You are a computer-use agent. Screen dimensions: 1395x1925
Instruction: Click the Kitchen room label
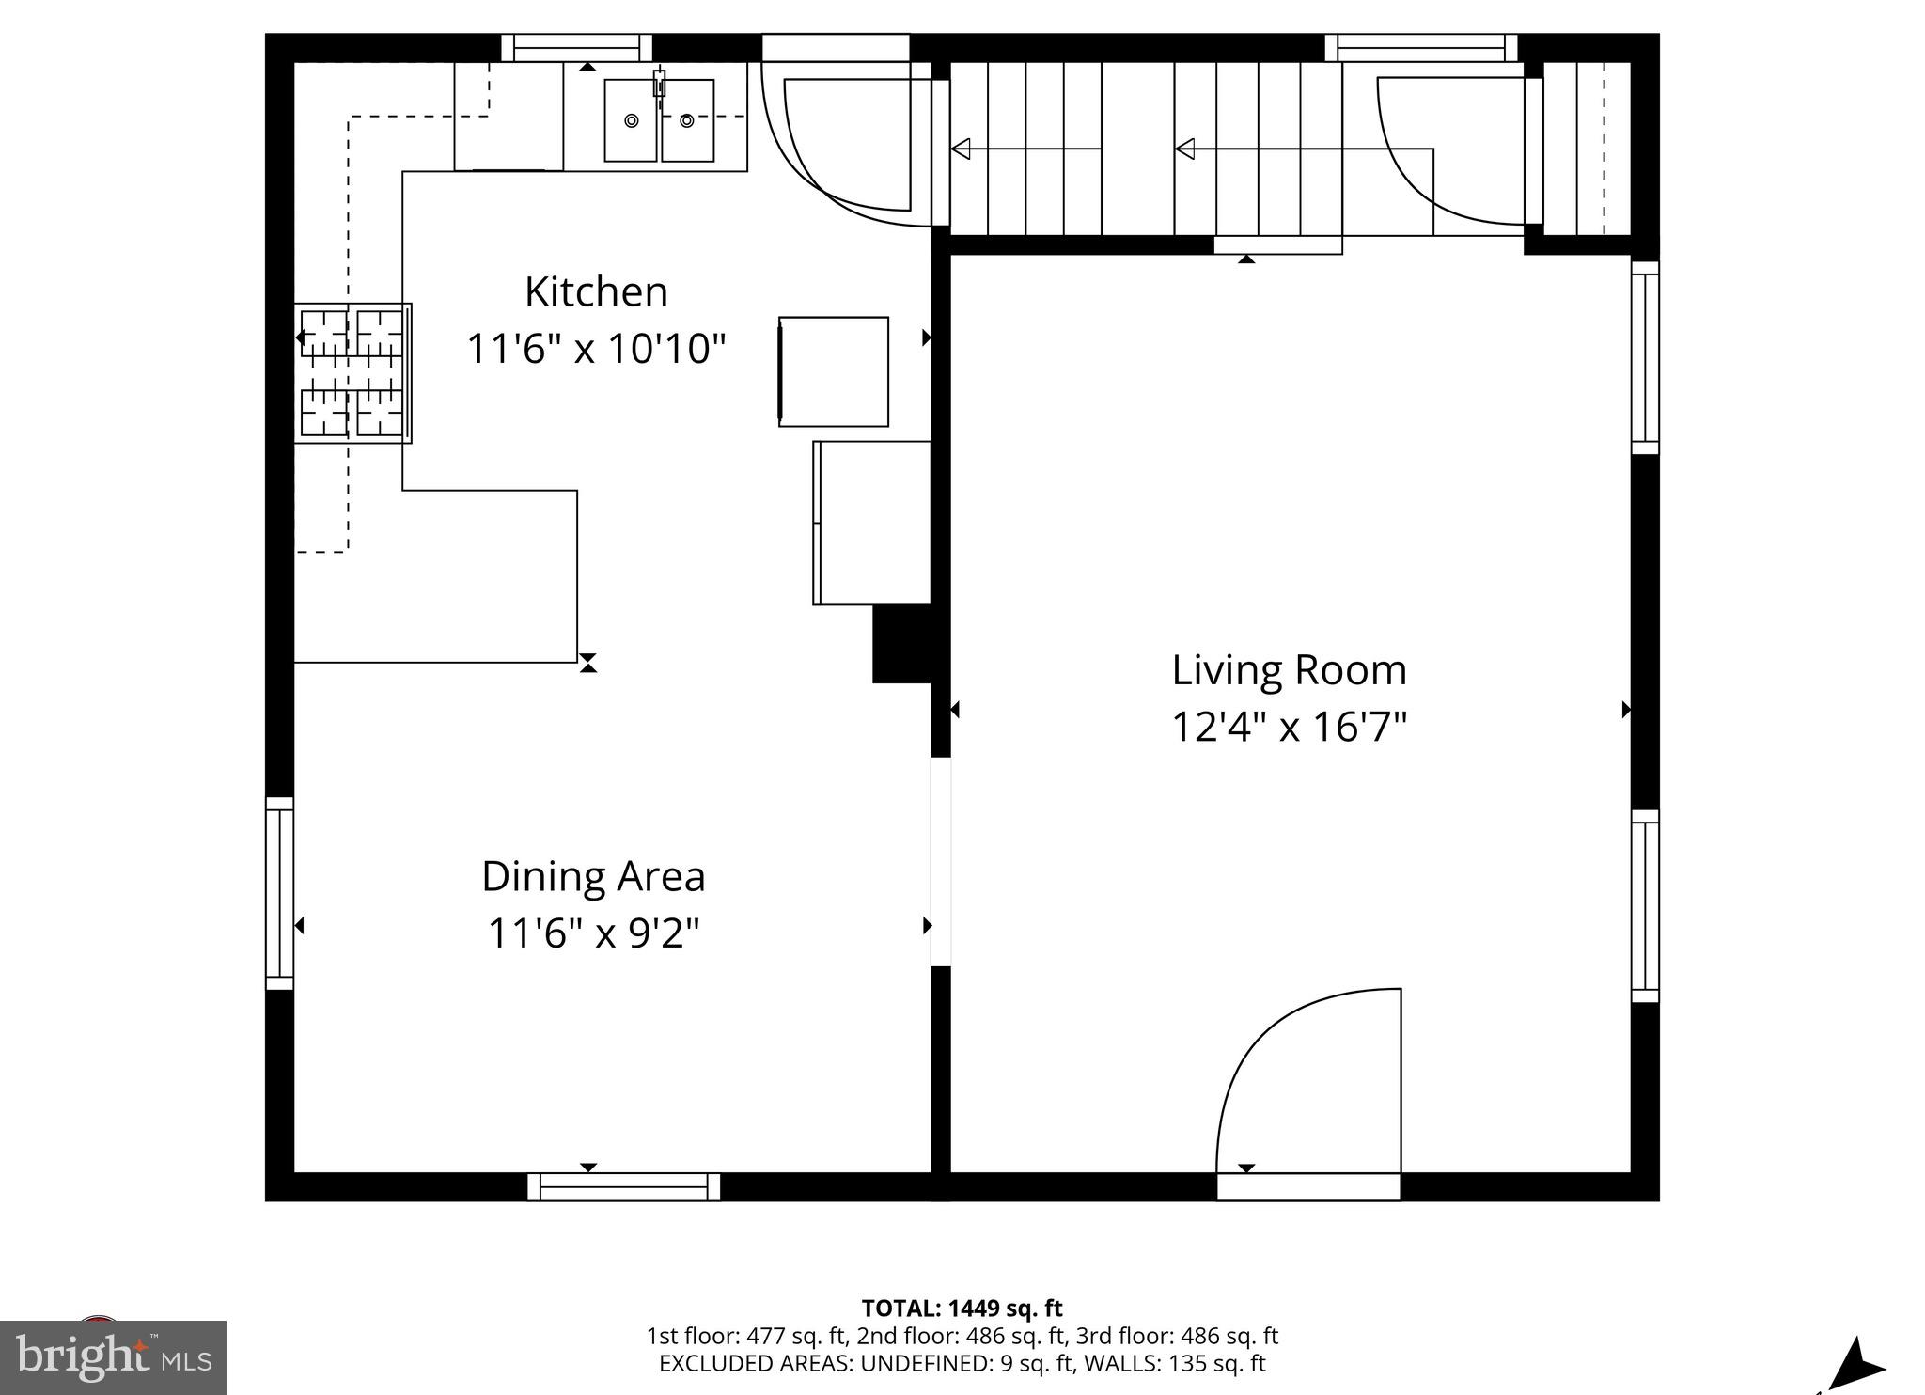coord(596,292)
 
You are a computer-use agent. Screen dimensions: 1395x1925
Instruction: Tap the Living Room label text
coord(1289,670)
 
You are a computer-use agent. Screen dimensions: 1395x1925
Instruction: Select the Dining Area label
coord(593,877)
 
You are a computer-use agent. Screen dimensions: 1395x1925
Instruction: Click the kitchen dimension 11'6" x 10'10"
coord(596,349)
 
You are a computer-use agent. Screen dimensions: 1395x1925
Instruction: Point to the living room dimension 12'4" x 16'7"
coord(1289,727)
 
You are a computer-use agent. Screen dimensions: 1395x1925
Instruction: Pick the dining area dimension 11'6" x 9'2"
coord(593,933)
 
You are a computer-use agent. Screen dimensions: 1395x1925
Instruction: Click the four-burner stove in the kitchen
coord(352,372)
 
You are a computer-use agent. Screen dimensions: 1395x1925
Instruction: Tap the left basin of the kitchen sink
coord(631,120)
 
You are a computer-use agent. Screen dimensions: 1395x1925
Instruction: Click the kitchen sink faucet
coord(659,85)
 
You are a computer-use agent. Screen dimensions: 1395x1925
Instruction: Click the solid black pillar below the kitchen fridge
coord(901,644)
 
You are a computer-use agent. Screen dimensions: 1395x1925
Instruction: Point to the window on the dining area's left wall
coord(279,893)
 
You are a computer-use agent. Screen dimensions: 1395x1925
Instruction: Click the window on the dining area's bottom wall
coord(623,1187)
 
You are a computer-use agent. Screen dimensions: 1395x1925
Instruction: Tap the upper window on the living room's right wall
coord(1644,357)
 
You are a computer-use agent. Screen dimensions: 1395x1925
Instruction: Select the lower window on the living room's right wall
coord(1644,906)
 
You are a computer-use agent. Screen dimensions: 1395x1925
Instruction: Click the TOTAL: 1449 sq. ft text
coord(962,1308)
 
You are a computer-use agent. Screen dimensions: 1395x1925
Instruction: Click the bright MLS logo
coord(113,1357)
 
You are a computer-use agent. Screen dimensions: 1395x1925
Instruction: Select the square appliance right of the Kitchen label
coord(834,371)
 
